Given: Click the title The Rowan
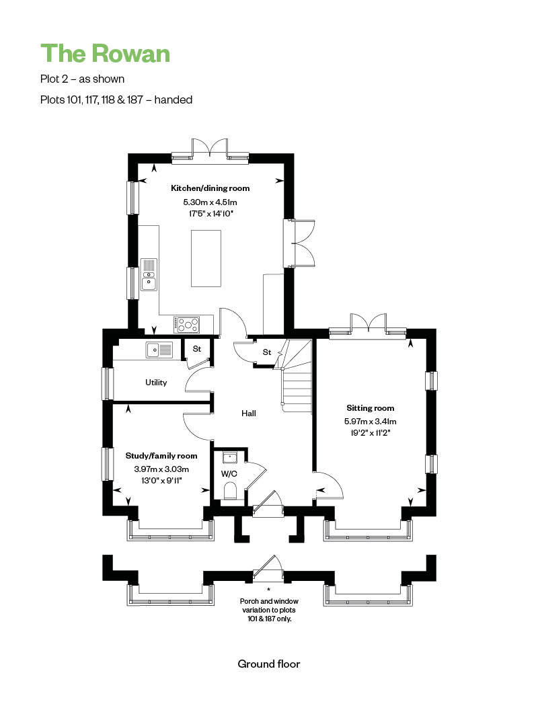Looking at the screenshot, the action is click(x=106, y=53).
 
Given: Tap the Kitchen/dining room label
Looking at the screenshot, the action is click(x=210, y=188).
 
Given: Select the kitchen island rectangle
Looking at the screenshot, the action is click(x=206, y=258).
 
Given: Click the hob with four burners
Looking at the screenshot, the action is click(x=187, y=325).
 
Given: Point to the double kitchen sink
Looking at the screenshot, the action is click(x=149, y=274).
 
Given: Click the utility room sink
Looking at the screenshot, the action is click(x=159, y=350).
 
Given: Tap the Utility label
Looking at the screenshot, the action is click(x=156, y=383).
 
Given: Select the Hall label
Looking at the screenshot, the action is click(x=249, y=414).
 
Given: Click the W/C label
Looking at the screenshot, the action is click(x=229, y=473).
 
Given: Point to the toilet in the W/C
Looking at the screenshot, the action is click(x=229, y=491).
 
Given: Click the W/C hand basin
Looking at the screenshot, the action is click(x=231, y=457).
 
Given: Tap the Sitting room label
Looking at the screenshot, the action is click(x=370, y=408).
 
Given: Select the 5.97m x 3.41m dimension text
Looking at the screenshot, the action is click(x=370, y=422).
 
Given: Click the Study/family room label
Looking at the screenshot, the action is click(x=161, y=456).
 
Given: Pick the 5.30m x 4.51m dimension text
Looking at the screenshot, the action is click(x=210, y=202).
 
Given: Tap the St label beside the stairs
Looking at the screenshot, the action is click(x=267, y=352).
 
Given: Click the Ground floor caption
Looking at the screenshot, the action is click(x=269, y=664).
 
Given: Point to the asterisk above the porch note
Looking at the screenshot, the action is click(x=269, y=589).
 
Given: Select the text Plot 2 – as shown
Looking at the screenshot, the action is click(x=83, y=79).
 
